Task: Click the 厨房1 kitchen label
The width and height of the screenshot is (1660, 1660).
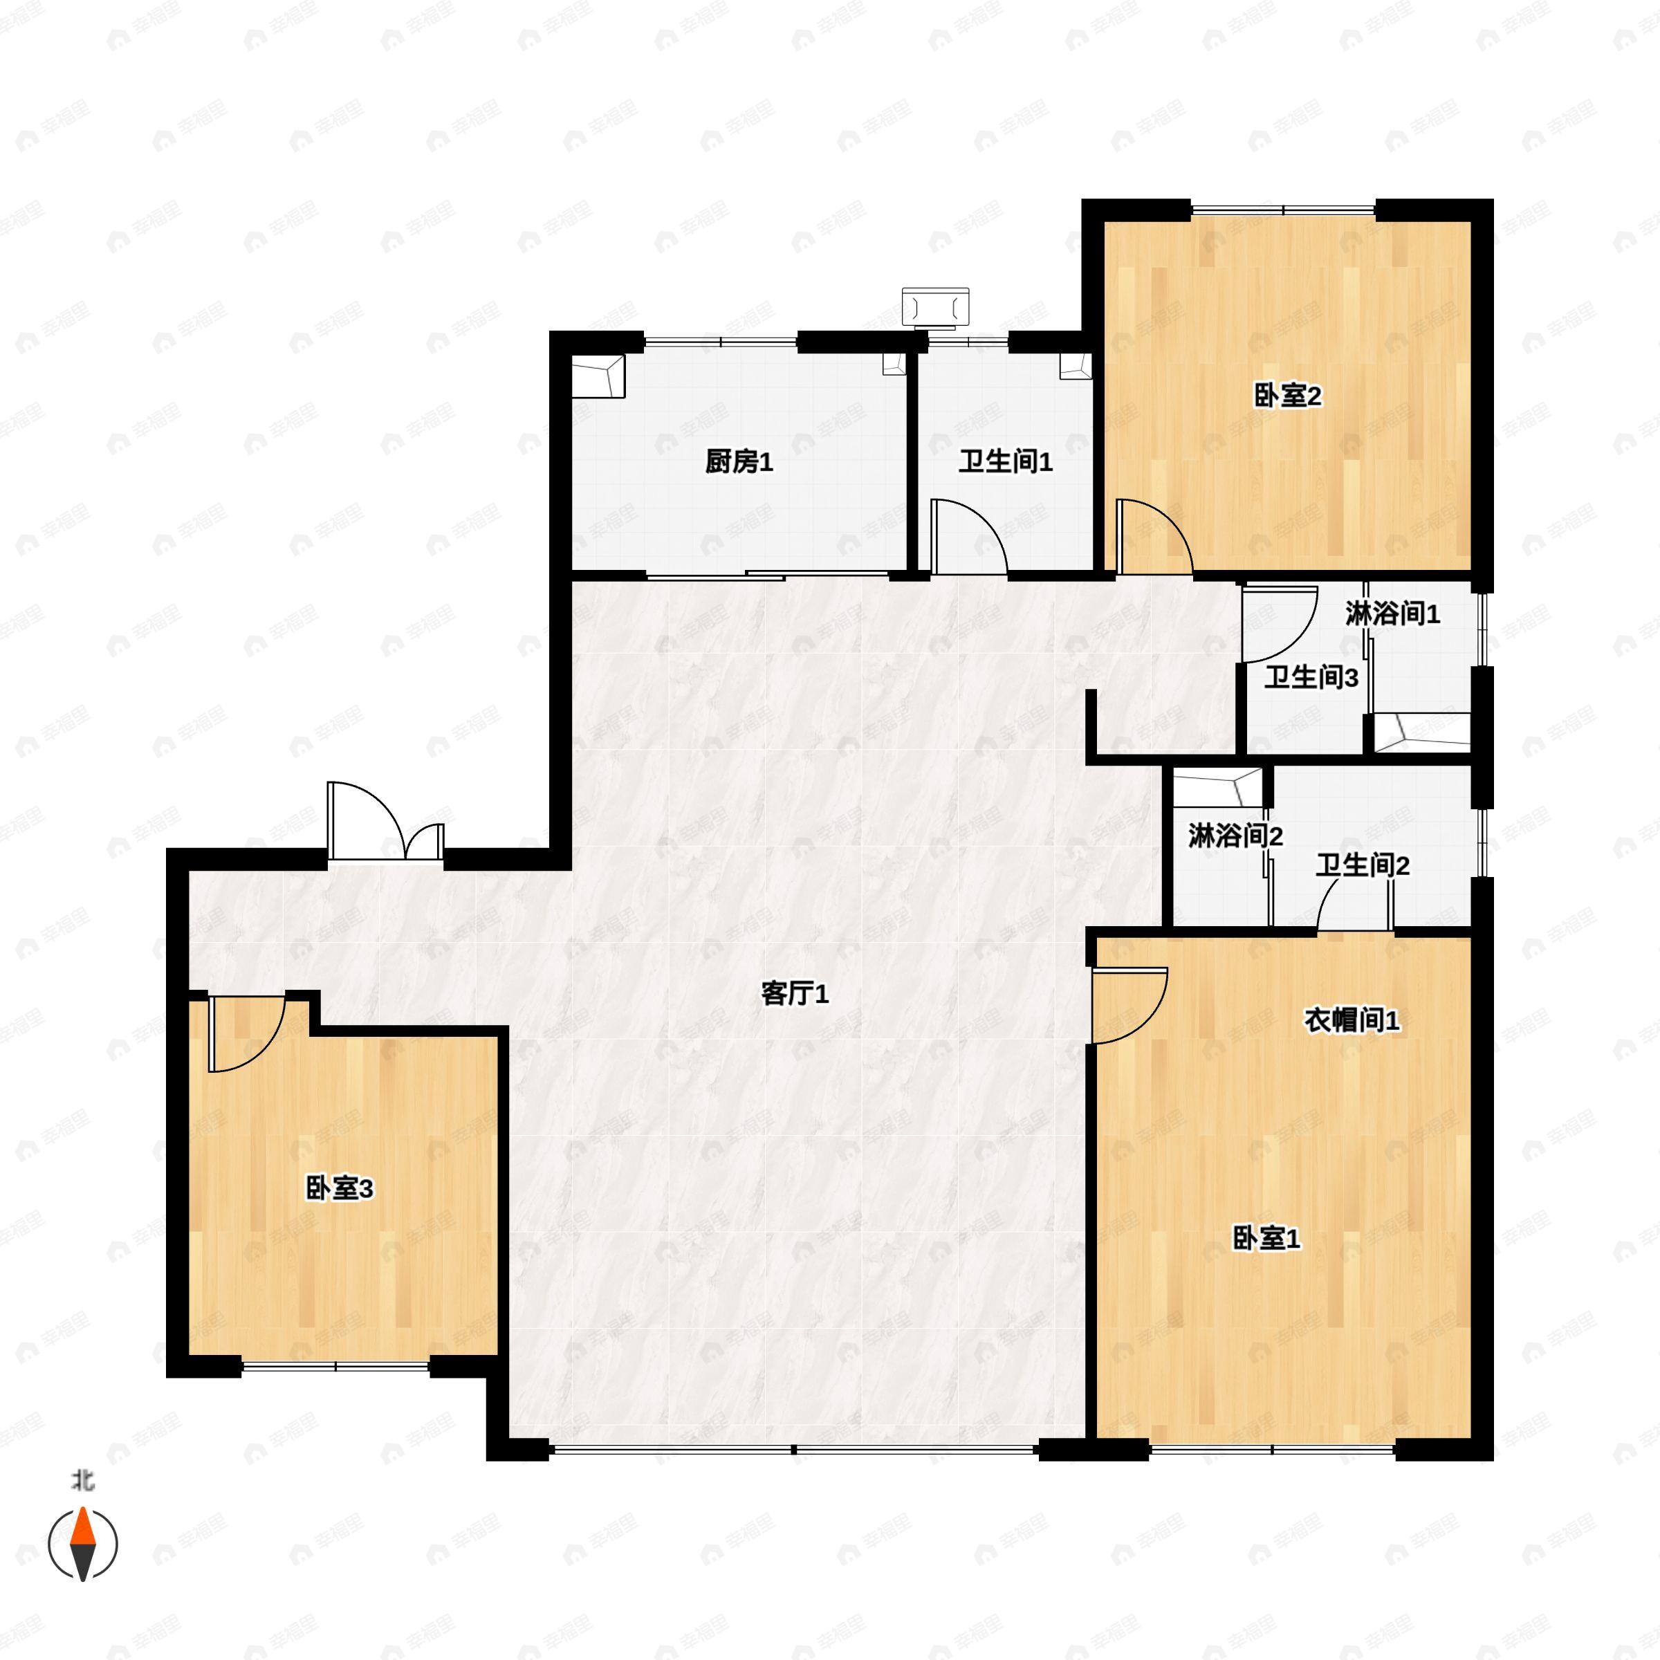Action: pos(739,462)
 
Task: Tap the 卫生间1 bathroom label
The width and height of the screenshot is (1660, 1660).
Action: pos(1005,462)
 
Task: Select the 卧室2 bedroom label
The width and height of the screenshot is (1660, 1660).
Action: pos(1288,396)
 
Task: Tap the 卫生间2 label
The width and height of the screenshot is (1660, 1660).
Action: pos(1363,865)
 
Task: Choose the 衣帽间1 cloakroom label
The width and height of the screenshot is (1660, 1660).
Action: pos(1352,1020)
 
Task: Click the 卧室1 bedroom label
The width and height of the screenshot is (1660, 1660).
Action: pos(1266,1238)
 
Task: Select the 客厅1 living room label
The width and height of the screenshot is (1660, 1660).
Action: pos(795,994)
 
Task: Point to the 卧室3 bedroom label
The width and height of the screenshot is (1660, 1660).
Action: pos(340,1189)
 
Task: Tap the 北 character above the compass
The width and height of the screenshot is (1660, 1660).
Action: pos(82,1480)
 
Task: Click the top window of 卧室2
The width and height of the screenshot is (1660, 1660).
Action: pos(1284,210)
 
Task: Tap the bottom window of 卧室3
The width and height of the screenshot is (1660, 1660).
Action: pos(335,1366)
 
